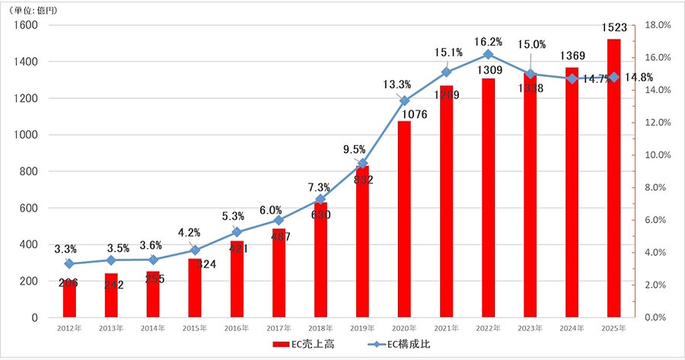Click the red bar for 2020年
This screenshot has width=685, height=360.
[x=404, y=221]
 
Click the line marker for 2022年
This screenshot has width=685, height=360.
[x=488, y=55]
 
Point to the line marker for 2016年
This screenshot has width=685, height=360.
[x=237, y=232]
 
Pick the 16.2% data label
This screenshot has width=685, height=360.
[x=487, y=40]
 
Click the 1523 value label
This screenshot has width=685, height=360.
[x=613, y=27]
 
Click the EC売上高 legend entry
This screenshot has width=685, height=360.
[x=304, y=345]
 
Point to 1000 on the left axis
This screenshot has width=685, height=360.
[x=24, y=135]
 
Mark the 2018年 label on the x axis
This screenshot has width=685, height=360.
[x=320, y=329]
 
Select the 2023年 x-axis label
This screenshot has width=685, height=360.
[x=530, y=329]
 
